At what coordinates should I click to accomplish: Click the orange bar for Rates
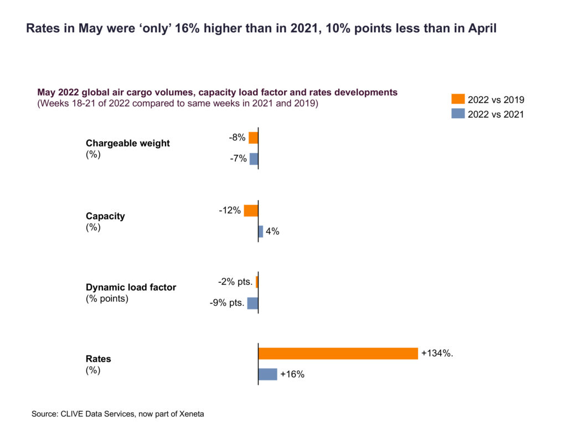tap(338, 353)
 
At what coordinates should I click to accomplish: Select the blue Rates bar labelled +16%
tap(267, 374)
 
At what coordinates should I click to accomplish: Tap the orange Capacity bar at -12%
tap(251, 211)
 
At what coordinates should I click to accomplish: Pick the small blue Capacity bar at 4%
tap(261, 231)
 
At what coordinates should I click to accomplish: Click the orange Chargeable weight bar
tap(254, 138)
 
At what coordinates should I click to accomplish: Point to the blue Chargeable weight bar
tap(254, 159)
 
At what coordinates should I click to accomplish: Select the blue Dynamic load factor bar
tap(252, 303)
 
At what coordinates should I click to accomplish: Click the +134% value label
tap(437, 353)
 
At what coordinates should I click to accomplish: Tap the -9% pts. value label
tap(227, 303)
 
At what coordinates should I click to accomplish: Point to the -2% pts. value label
tap(235, 282)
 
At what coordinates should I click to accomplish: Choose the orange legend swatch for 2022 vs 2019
tap(458, 99)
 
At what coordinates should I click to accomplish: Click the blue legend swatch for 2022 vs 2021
tap(458, 114)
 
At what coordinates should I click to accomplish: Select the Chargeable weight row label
tap(128, 143)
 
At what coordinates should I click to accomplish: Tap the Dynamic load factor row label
tap(131, 287)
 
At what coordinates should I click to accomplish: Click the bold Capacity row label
tap(105, 216)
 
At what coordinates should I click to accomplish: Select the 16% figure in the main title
tap(186, 29)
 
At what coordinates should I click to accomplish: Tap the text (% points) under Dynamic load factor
tap(107, 298)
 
